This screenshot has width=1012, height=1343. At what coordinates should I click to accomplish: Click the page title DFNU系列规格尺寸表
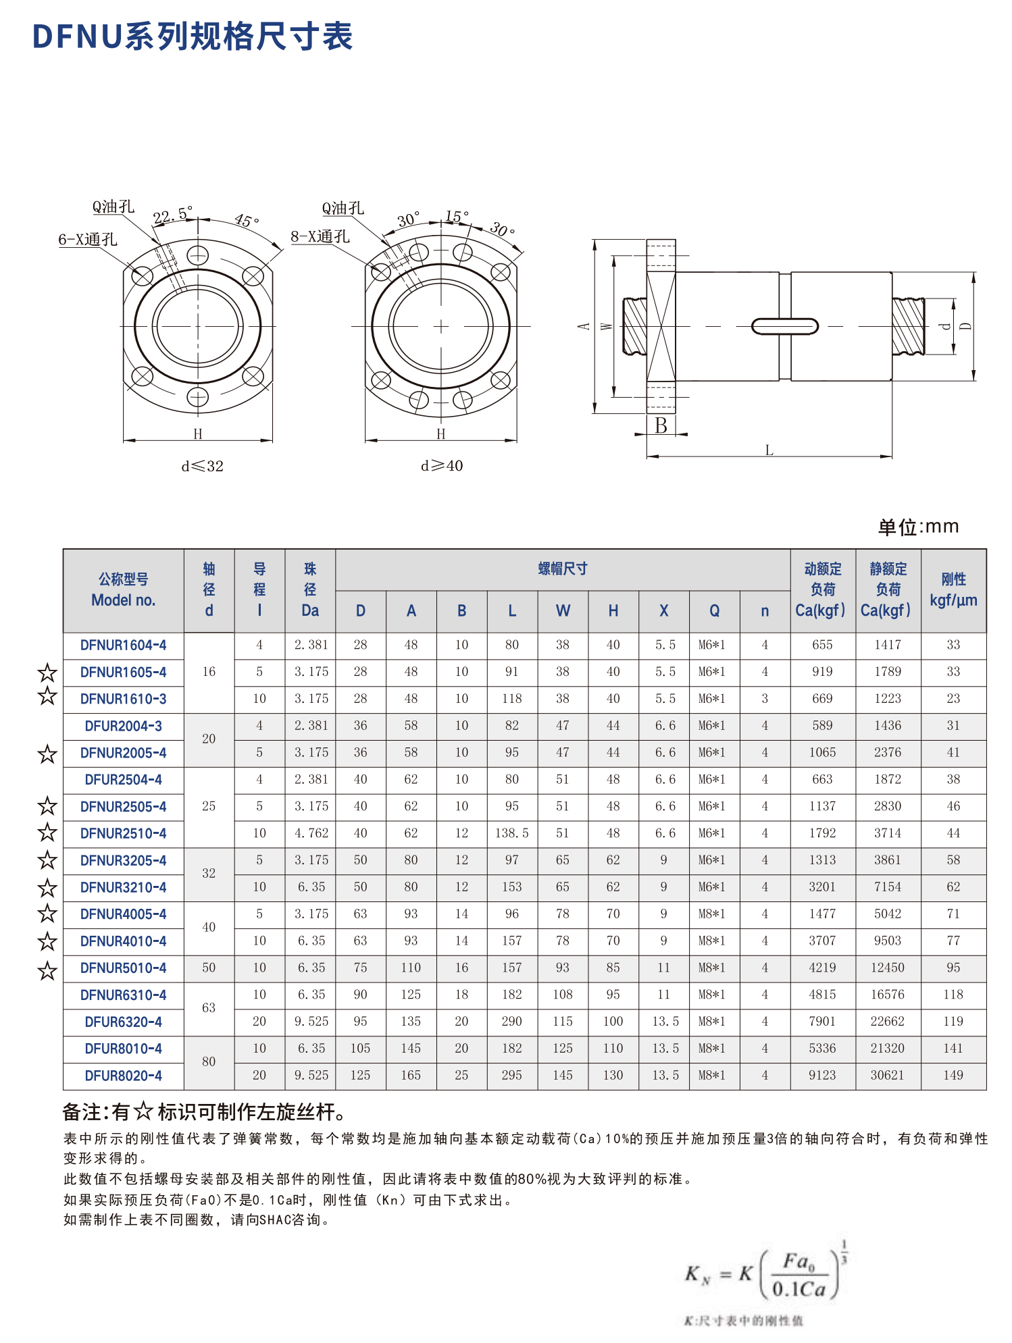coord(193,36)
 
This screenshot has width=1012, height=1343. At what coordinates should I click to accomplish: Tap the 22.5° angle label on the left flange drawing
coord(172,215)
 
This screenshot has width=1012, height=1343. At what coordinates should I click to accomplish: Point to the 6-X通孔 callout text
coord(87,240)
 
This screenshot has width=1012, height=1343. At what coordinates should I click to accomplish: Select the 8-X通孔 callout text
coord(320,237)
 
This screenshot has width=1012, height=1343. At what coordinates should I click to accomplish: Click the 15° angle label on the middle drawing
coord(457,217)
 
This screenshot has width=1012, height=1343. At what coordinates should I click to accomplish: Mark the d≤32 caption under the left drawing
coord(202,466)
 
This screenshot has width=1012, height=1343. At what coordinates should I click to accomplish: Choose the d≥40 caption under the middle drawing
coord(442,466)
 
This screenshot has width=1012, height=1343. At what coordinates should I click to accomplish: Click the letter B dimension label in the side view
coord(661,426)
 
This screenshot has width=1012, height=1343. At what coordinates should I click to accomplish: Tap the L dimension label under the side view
coord(769,450)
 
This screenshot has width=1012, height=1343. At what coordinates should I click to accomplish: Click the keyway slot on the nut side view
coord(785,327)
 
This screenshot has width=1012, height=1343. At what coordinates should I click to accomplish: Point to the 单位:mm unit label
coord(918,527)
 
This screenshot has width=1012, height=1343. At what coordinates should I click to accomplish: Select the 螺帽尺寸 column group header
coord(562,569)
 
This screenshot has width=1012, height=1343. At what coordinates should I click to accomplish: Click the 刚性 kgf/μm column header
coord(953,589)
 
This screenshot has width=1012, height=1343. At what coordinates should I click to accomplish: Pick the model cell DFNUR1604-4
coord(123,645)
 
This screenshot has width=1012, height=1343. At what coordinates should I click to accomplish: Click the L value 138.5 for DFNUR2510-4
coord(511,833)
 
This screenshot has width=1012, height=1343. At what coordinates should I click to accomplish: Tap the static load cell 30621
coord(887,1075)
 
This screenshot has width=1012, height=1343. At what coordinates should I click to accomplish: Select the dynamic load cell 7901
coord(822,1022)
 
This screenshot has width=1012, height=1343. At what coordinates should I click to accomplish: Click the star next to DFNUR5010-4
coord(47,971)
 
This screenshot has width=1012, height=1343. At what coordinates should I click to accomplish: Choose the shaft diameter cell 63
coord(209,1008)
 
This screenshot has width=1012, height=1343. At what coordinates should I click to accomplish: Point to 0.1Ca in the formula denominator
coord(799,1289)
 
